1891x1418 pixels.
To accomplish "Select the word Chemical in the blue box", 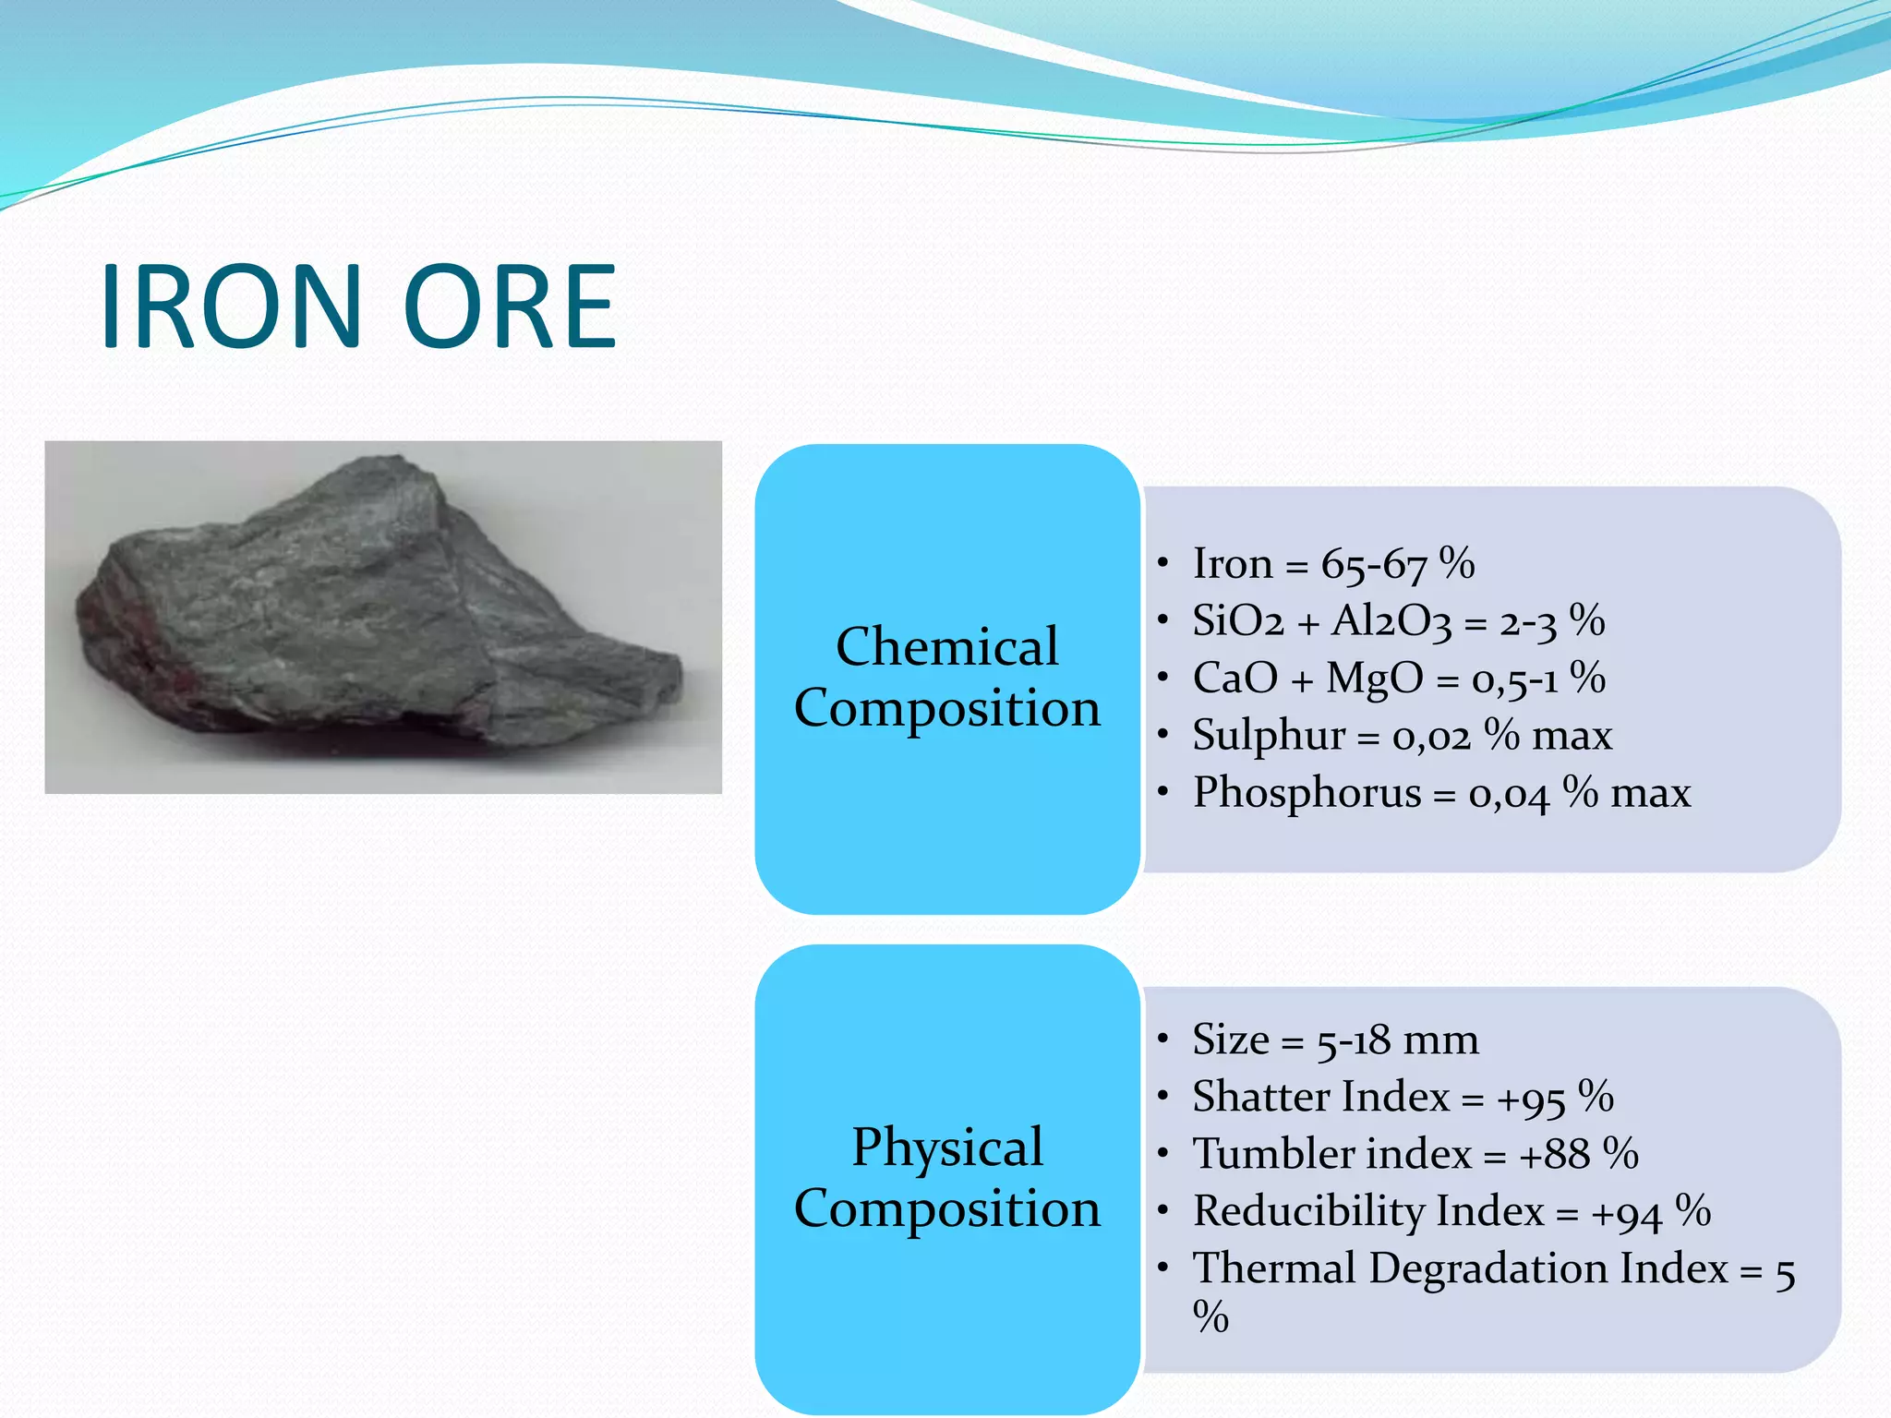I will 946,646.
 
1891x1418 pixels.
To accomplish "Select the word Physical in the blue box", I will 946,1147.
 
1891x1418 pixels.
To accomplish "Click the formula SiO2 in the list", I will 1237,620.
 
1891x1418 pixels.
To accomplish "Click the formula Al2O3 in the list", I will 1391,620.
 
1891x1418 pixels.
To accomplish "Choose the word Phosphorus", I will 1307,793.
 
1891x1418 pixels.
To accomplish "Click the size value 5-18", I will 1353,1041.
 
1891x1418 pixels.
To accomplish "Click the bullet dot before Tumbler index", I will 1163,1154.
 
